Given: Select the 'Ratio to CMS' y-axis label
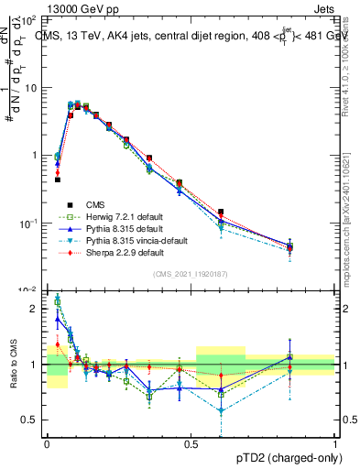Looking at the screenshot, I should point(12,365).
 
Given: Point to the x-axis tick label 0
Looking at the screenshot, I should point(47,443).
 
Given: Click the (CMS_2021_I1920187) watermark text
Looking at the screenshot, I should point(191,275).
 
